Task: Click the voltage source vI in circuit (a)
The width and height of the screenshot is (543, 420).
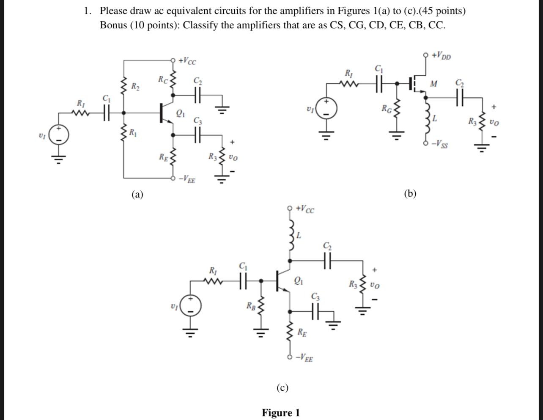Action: pos(60,136)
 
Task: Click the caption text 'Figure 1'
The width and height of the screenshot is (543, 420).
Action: pos(281,412)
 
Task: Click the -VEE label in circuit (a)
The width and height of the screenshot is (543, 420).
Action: pos(186,180)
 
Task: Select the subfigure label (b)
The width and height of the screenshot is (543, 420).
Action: pos(410,194)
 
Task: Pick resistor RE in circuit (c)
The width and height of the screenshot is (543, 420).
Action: pos(291,332)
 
